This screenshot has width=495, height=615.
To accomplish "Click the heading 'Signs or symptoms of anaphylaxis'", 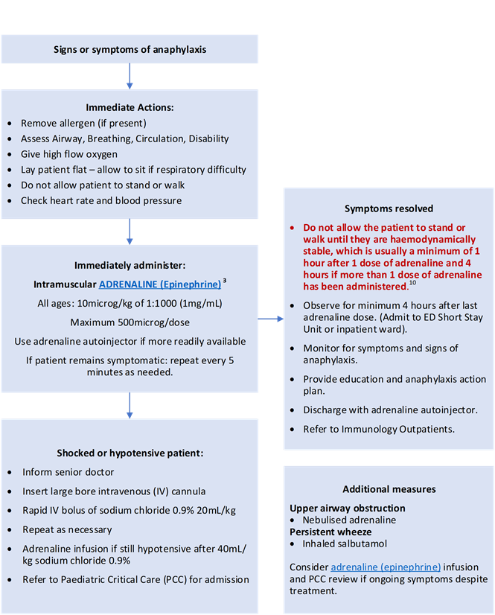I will (x=130, y=50).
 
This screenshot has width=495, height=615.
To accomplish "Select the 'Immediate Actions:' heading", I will (x=130, y=107).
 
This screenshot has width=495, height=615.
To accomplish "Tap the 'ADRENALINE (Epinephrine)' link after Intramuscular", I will (x=159, y=284).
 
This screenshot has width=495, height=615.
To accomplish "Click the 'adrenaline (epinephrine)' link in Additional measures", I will (x=386, y=567).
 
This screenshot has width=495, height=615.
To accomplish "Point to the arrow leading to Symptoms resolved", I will (x=271, y=319).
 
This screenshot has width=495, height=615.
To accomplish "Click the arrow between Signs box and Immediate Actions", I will (x=130, y=77).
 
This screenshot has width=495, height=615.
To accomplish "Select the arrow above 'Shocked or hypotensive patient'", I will (x=130, y=405).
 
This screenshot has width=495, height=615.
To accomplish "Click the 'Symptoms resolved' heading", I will (x=389, y=208).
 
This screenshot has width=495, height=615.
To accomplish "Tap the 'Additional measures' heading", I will (x=389, y=489).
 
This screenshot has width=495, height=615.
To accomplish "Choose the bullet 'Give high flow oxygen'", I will (x=69, y=154).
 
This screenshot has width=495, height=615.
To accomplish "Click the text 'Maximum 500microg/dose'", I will (x=130, y=322).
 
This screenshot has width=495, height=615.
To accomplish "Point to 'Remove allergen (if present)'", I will (x=83, y=123).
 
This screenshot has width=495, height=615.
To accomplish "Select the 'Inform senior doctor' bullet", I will (x=68, y=472).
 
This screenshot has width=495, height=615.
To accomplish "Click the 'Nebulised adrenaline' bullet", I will (x=349, y=520).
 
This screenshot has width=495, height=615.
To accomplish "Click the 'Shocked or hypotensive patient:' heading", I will (x=130, y=453).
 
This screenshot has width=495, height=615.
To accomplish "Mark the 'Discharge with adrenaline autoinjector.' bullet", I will (x=390, y=410).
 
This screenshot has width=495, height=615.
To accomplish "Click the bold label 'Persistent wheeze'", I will (x=330, y=532).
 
